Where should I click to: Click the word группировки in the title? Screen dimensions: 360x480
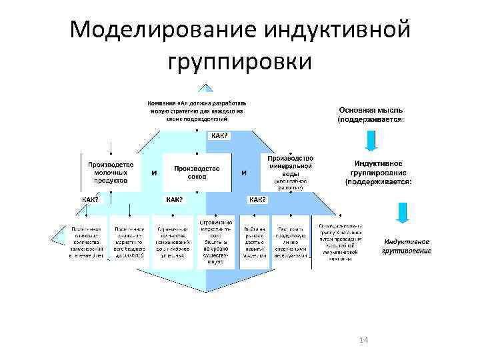239,62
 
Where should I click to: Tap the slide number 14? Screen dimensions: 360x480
363,341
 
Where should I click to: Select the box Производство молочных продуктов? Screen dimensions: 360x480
111,172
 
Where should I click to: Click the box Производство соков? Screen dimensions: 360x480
197,173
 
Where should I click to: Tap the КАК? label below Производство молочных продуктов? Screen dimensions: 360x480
90,199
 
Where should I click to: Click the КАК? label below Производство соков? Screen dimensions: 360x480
174,199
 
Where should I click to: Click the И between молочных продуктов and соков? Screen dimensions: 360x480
155,173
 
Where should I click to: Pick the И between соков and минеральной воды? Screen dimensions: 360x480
244,173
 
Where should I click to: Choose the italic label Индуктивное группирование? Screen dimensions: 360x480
406,246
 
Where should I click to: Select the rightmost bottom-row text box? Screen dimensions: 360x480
340,243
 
